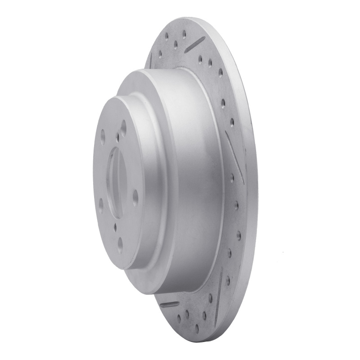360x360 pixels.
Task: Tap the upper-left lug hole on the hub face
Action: pos(103,134)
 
